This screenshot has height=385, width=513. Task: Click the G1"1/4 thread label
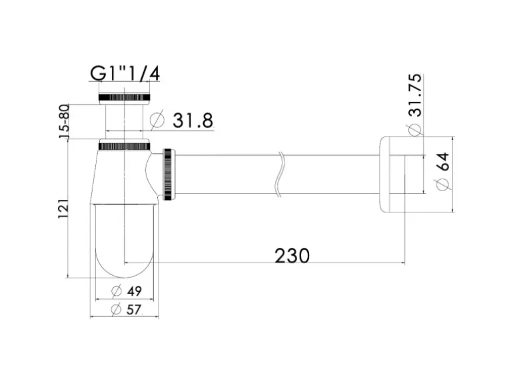tap(125, 73)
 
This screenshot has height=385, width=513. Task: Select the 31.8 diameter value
tap(192, 121)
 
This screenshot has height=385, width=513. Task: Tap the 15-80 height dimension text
tap(64, 123)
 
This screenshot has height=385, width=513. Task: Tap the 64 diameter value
tap(442, 162)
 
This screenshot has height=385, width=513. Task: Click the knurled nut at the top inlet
tap(124, 97)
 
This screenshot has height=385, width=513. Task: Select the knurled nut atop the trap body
tap(124, 145)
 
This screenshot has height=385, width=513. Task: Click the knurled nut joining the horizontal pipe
tap(169, 175)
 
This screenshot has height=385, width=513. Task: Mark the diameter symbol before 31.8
tap(157, 121)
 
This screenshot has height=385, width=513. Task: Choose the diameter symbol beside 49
tap(115, 291)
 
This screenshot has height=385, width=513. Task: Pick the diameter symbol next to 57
tap(115, 309)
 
